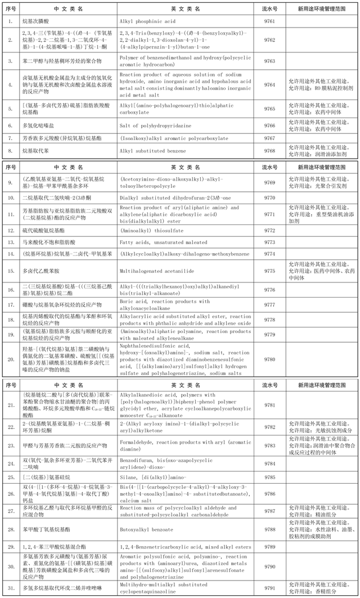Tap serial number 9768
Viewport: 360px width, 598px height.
[269, 151]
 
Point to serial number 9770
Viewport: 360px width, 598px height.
[269, 197]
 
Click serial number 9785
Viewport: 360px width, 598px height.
[269, 477]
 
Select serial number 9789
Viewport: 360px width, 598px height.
[269, 546]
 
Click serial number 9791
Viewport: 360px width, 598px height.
[269, 588]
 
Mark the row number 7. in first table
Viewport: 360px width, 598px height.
[11, 138]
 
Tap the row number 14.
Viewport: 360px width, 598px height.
[11, 254]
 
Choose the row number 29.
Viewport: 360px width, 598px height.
[11, 546]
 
